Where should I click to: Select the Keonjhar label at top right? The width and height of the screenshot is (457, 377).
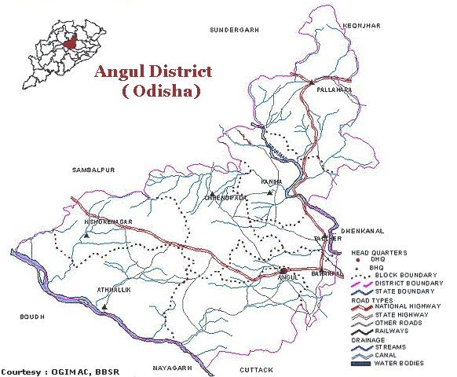click(362, 26)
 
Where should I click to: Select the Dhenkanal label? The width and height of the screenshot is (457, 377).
click(361, 231)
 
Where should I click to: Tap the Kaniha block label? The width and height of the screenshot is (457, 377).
click(271, 181)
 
